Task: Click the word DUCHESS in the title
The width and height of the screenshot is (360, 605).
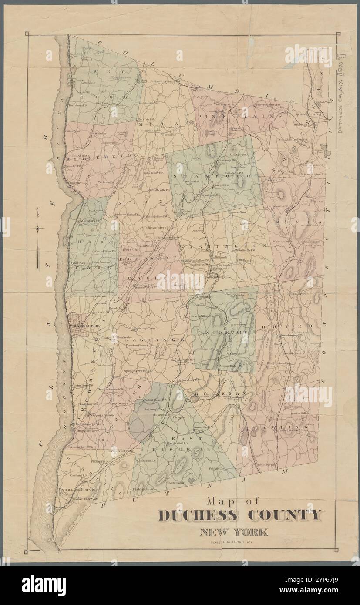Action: (198, 515)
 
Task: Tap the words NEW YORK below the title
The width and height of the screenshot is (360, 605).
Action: (234, 532)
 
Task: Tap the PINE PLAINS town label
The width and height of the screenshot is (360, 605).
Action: (239, 116)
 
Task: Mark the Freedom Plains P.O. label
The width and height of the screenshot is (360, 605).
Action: (139, 345)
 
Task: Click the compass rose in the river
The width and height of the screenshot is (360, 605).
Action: (39, 228)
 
